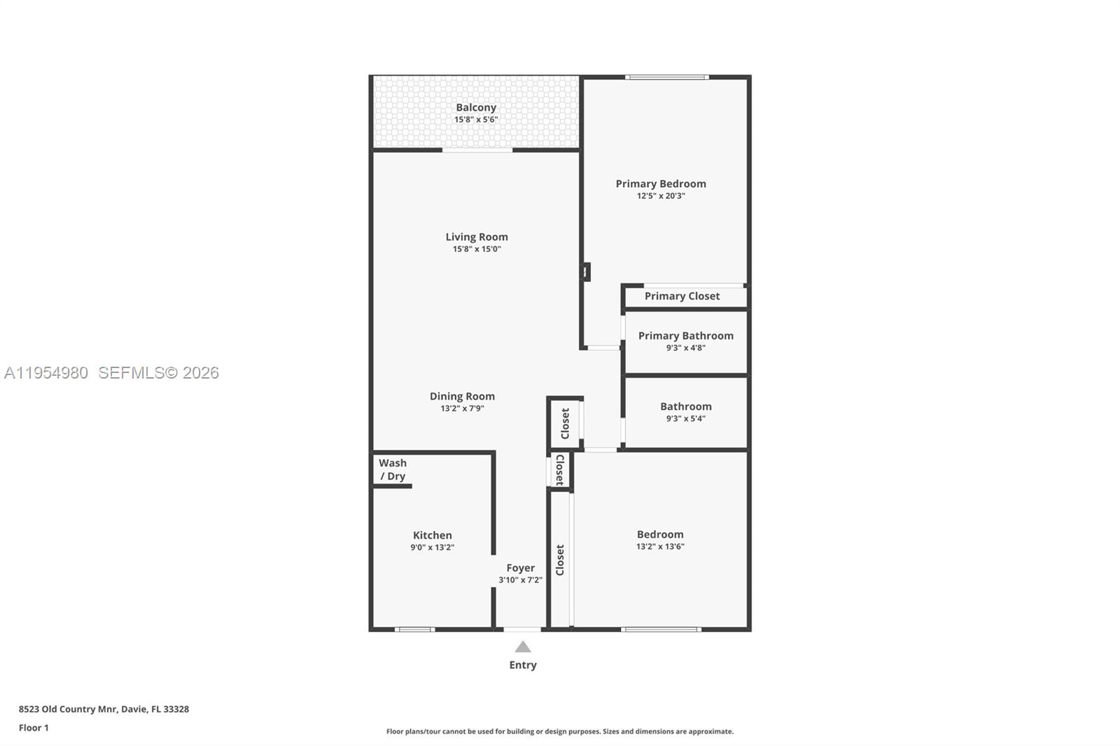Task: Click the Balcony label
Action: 476,107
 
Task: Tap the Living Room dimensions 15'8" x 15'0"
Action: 477,249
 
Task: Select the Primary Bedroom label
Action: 660,183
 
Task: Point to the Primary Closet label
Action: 682,296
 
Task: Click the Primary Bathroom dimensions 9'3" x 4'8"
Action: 685,348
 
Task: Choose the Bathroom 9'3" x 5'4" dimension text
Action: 685,418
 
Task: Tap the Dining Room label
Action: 462,396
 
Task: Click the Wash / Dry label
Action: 393,470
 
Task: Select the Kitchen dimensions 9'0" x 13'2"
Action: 432,547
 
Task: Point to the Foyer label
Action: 520,568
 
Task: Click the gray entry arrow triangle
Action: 523,647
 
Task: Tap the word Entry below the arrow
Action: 523,665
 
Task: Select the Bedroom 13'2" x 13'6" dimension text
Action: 660,547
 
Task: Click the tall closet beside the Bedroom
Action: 560,560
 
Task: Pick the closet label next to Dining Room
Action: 565,423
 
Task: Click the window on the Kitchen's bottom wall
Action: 414,629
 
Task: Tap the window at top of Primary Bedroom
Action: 666,77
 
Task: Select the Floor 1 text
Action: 34,728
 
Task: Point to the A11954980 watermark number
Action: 46,373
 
